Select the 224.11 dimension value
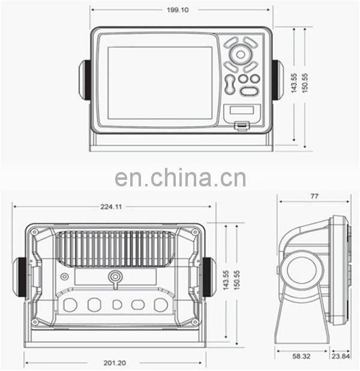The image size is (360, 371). tap(111, 207)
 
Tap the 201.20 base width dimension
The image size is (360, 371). tap(114, 363)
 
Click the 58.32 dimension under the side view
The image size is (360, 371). tap(301, 356)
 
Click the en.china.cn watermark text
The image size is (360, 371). tap(180, 178)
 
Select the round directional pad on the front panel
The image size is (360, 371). tap(241, 55)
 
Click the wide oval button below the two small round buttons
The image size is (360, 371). tap(249, 91)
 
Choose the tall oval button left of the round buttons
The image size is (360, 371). tap(230, 84)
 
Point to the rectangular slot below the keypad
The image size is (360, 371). tap(242, 111)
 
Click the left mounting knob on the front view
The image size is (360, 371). tap(85, 80)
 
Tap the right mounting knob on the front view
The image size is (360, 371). tap(277, 80)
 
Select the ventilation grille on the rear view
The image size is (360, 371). tap(115, 249)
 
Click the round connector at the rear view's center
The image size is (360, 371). tap(114, 277)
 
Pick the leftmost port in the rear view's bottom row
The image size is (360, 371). tap(70, 304)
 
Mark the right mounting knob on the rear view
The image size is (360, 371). tap(208, 277)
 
